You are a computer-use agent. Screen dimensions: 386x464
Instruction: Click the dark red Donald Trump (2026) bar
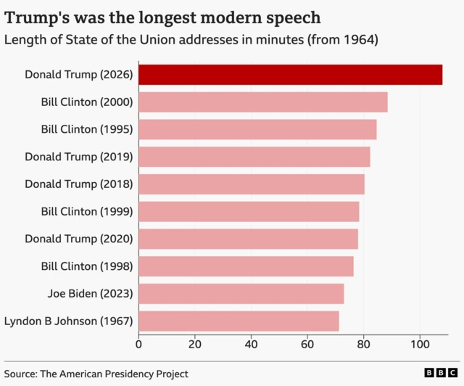tap(290, 75)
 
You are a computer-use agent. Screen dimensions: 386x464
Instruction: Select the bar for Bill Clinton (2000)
tap(262, 102)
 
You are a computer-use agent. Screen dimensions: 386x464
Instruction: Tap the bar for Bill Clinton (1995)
tap(257, 129)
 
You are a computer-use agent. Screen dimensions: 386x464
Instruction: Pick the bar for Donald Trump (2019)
tap(254, 157)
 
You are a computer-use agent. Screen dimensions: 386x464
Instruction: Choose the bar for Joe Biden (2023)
tap(241, 294)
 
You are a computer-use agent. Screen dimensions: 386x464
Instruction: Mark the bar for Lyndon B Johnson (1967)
tap(239, 321)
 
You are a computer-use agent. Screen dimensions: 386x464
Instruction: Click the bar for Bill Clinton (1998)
tap(246, 266)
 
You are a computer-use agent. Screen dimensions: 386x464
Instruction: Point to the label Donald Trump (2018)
tap(79, 184)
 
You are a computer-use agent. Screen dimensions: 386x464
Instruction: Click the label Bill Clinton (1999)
tap(87, 211)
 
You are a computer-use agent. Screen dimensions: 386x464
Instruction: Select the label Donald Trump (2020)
tap(79, 239)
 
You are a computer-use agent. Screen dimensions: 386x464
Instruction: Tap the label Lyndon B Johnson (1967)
tap(69, 321)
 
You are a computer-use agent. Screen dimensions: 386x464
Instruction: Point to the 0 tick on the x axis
tap(139, 344)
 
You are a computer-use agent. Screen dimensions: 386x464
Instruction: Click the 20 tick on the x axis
tap(195, 344)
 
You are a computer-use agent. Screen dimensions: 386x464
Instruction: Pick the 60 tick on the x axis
tap(307, 344)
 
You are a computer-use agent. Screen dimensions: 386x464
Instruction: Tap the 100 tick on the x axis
tap(420, 344)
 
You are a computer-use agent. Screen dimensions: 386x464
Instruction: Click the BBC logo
tap(439, 373)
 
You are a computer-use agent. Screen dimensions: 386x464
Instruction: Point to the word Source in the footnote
tap(22, 374)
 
